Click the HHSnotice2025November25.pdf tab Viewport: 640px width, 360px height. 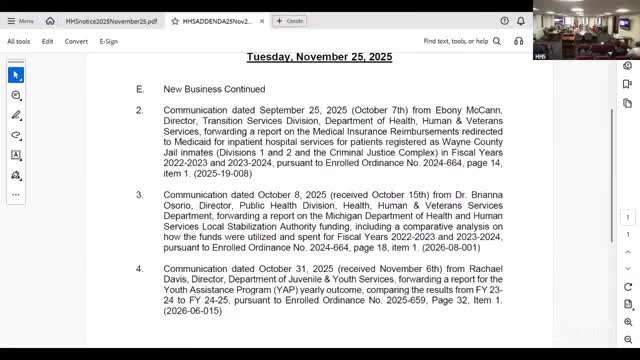click(111, 20)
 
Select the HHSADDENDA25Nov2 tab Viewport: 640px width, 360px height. click(215, 20)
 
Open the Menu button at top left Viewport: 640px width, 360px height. click(20, 20)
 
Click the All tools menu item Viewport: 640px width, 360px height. click(18, 41)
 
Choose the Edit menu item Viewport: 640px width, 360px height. click(47, 41)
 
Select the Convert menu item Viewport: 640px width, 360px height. click(76, 41)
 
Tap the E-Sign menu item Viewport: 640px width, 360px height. click(108, 41)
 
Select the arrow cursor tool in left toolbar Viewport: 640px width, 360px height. click(16, 75)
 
